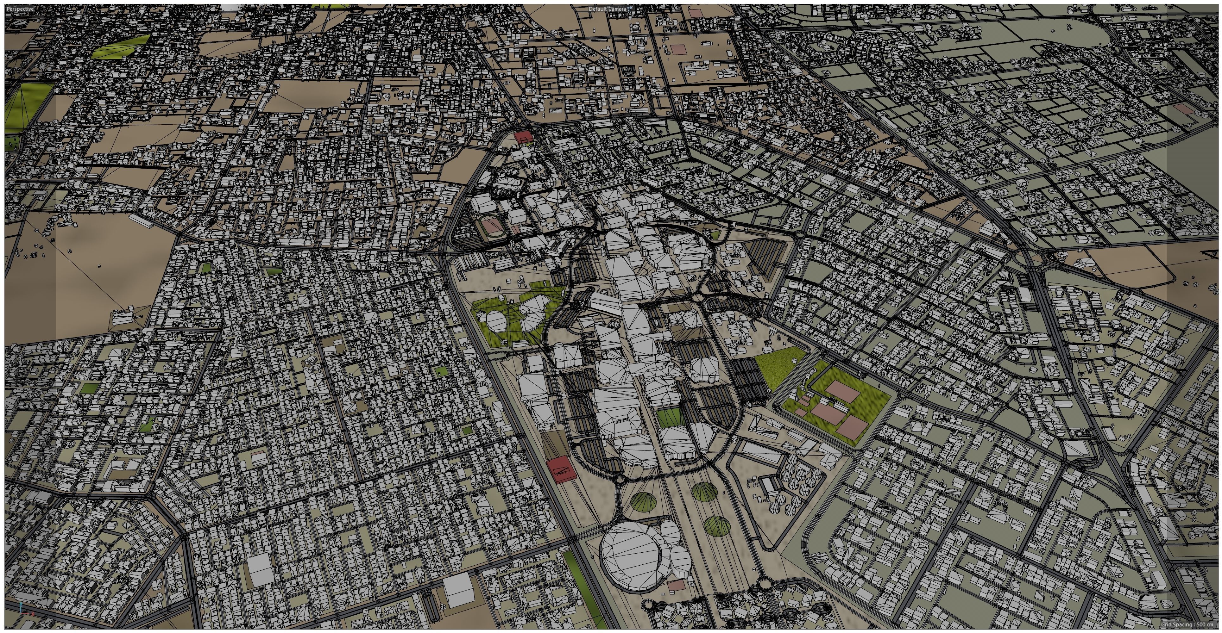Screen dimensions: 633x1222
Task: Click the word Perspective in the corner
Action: click(x=20, y=9)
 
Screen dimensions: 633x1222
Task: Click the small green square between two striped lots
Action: click(x=669, y=417)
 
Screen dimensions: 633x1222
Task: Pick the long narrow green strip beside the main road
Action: click(x=583, y=588)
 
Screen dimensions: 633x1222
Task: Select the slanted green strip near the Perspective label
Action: click(x=121, y=46)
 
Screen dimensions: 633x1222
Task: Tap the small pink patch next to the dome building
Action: click(x=676, y=585)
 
